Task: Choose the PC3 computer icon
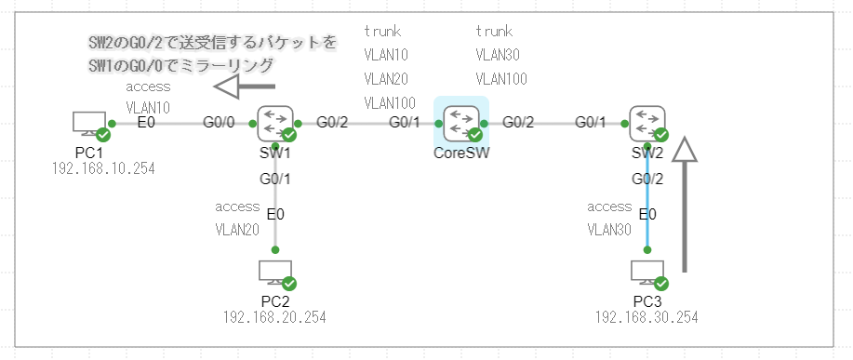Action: click(x=647, y=273)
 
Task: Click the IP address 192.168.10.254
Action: click(x=103, y=168)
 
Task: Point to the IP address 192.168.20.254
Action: click(x=274, y=317)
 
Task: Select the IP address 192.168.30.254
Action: click(x=646, y=317)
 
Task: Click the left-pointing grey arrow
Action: click(x=239, y=87)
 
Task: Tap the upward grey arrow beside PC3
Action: click(x=685, y=205)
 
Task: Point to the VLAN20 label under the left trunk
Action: click(x=387, y=78)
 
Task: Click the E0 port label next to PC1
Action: click(x=146, y=122)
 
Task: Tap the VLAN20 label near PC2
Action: click(x=237, y=229)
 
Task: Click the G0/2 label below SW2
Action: click(x=647, y=179)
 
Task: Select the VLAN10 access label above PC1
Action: click(x=148, y=107)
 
